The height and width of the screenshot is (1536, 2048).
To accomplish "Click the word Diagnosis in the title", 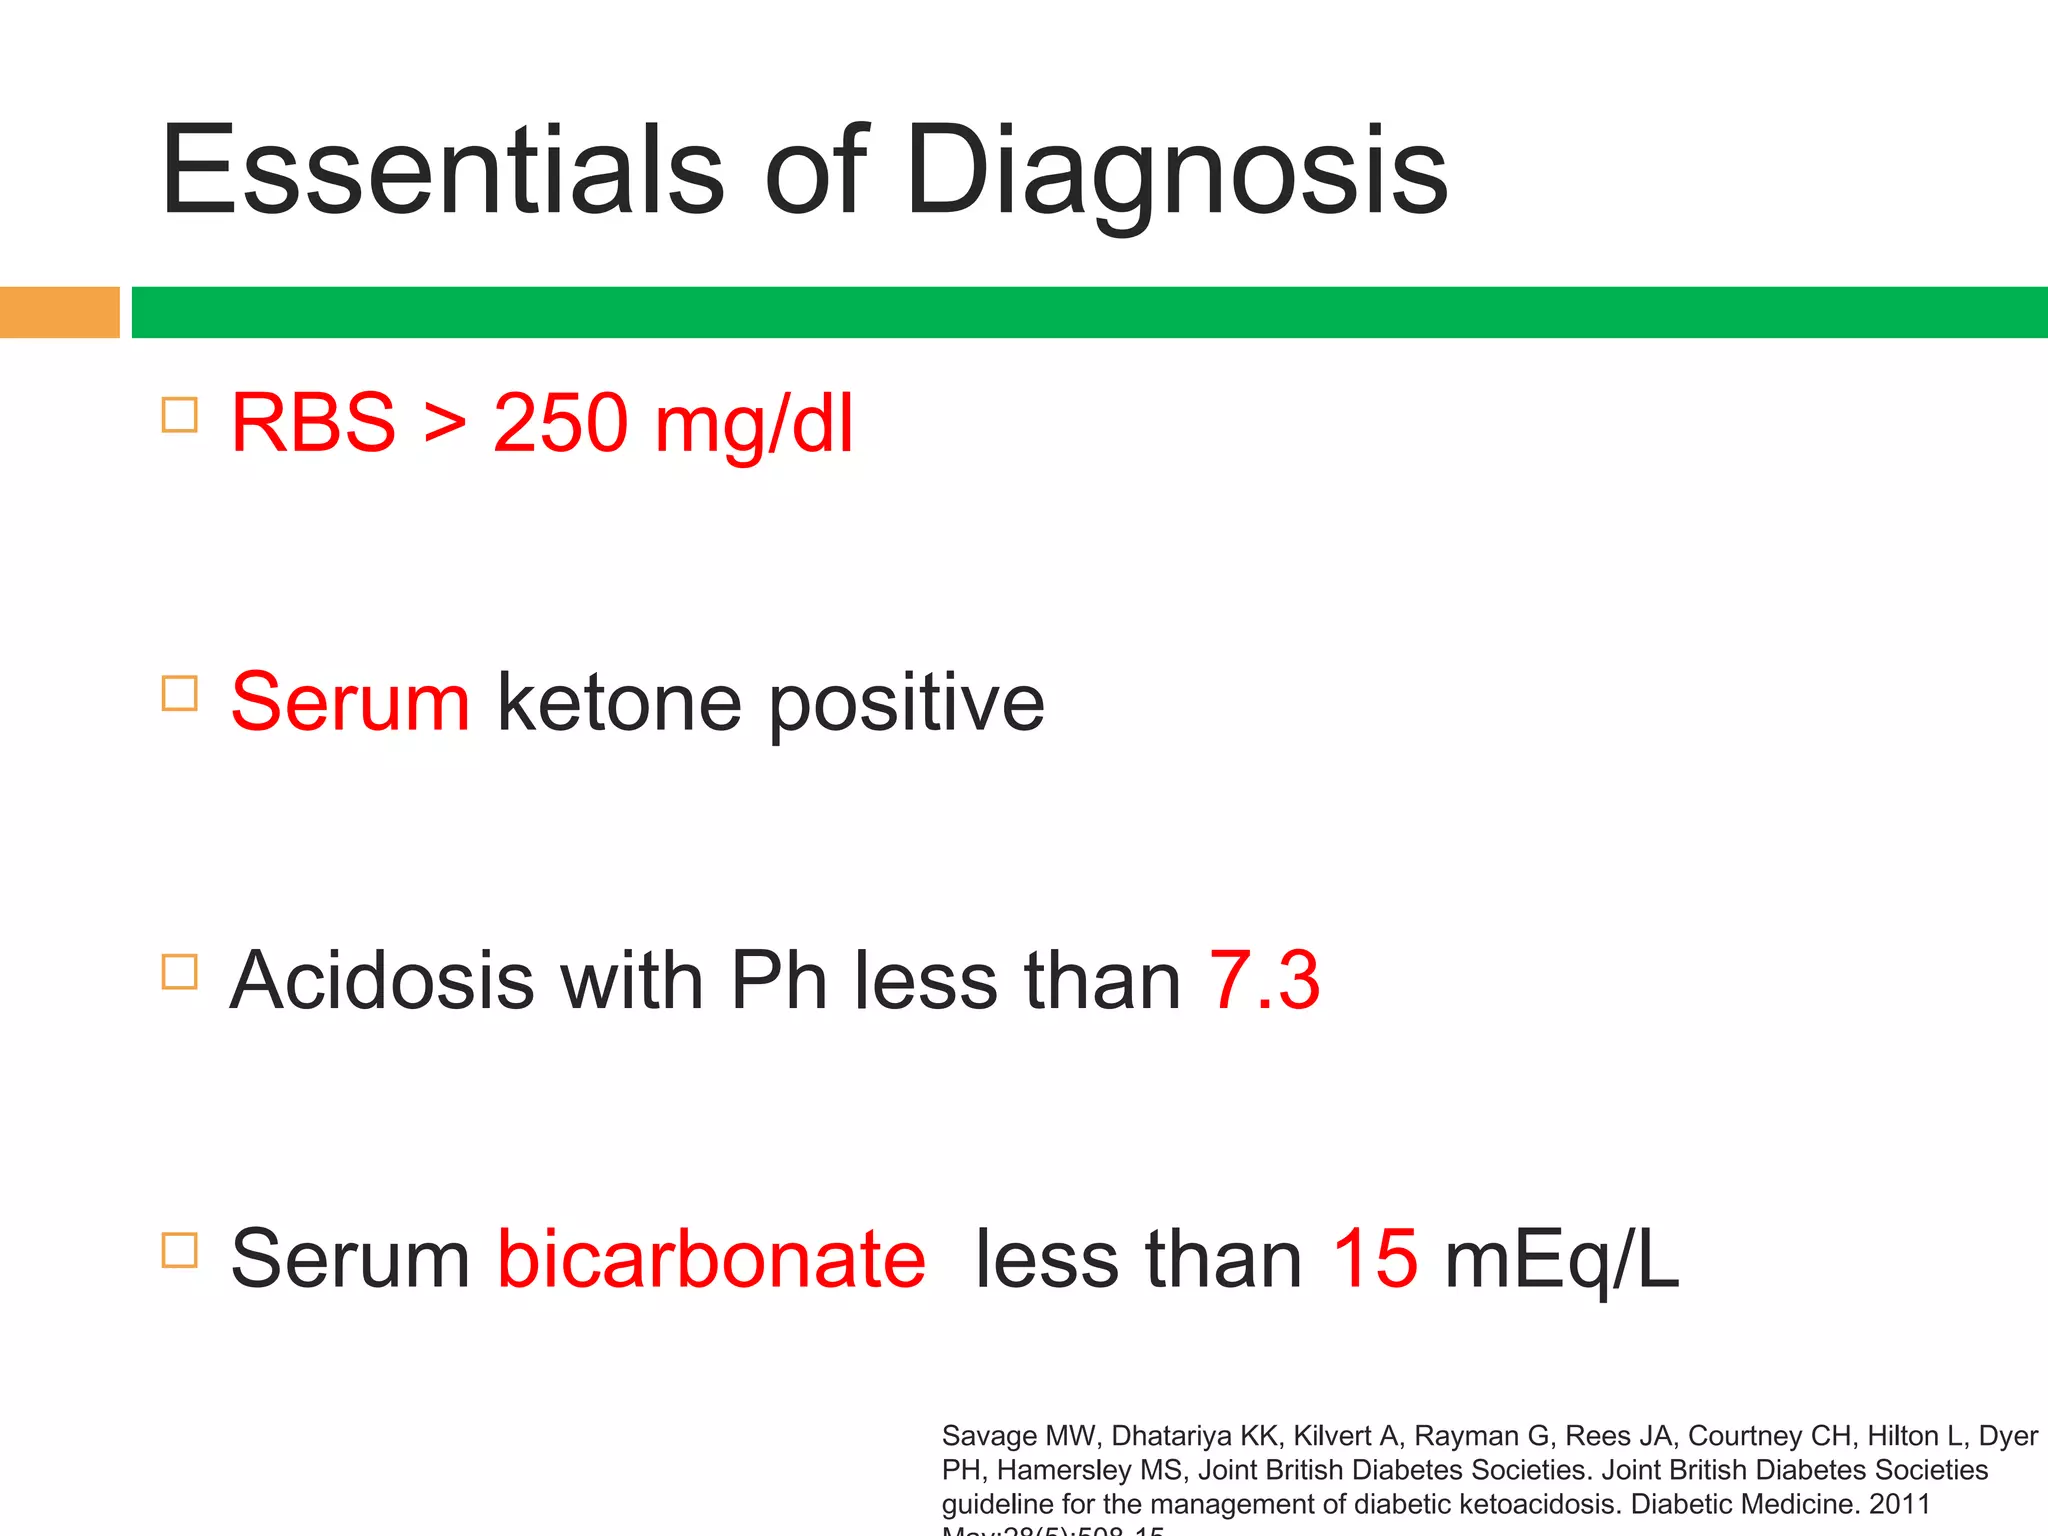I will (x=1176, y=172).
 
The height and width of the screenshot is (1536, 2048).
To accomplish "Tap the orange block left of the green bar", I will (x=59, y=312).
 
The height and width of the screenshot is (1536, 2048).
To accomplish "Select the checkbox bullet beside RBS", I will (x=179, y=414).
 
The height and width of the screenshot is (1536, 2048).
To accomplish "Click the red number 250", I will (x=560, y=424).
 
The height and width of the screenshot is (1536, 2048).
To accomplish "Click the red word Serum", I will (x=350, y=702).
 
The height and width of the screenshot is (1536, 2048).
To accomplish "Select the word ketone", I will (x=619, y=702).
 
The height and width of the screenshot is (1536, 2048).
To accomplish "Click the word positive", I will (x=906, y=704).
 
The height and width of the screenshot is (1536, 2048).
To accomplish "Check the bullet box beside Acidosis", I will (x=179, y=971).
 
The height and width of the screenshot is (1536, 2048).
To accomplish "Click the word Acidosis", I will (x=381, y=980).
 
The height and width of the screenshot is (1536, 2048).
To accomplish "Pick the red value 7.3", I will (x=1264, y=980).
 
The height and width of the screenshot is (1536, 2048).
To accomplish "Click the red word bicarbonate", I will (x=711, y=1258).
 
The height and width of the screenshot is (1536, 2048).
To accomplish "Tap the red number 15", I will (x=1375, y=1258).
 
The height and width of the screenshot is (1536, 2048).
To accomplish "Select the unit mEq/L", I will (x=1561, y=1260).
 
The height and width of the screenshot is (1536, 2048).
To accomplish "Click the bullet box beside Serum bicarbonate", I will (x=179, y=1249).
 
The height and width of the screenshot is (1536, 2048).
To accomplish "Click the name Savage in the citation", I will (x=989, y=1436).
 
